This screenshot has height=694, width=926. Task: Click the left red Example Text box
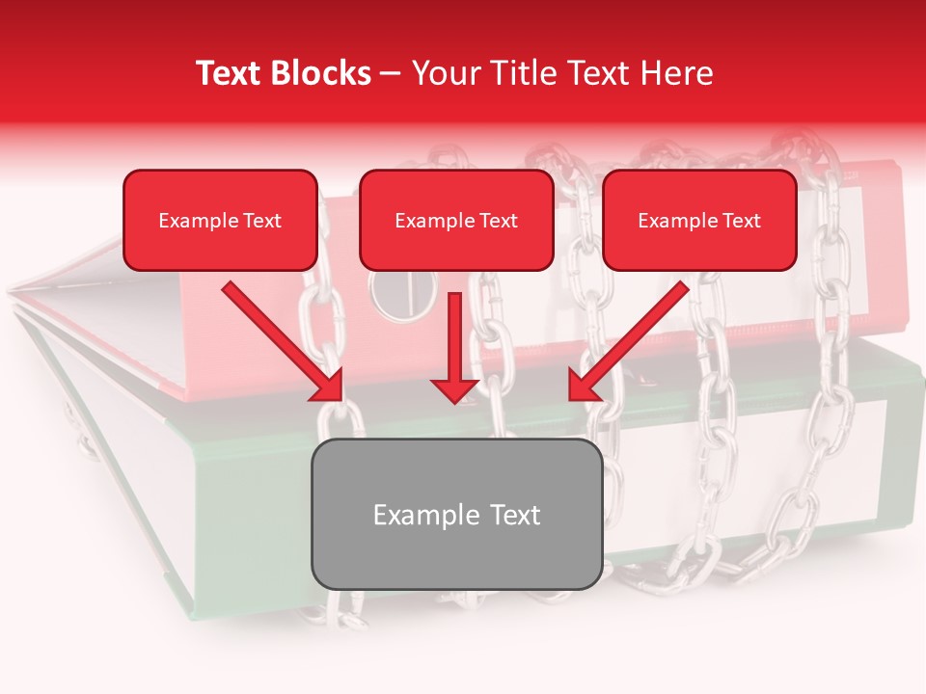[x=220, y=221]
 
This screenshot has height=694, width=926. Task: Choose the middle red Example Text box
[x=456, y=221]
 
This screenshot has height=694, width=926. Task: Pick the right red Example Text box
[x=699, y=221]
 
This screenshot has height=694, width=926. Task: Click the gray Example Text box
[x=457, y=515]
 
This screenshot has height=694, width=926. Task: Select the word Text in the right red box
[x=741, y=221]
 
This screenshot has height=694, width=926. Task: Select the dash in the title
[x=391, y=74]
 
